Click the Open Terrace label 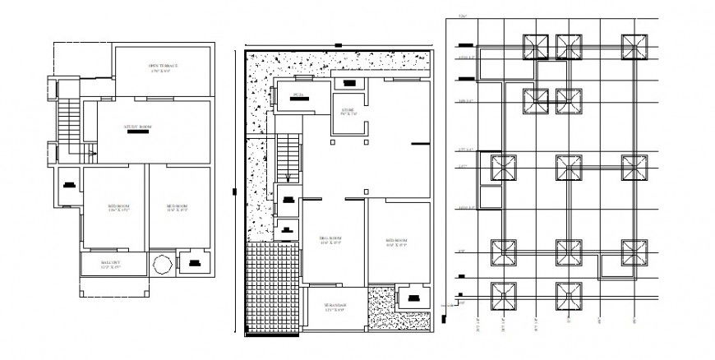[163, 67]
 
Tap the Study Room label [137, 128]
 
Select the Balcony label [110, 265]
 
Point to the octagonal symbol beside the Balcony [161, 265]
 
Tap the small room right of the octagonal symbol [195, 264]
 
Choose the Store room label [347, 111]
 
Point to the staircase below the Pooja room [288, 156]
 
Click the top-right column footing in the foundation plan [633, 47]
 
